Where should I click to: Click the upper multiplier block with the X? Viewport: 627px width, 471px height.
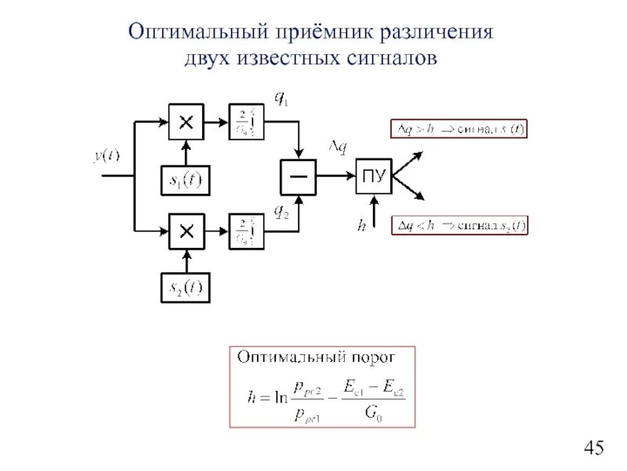click(x=187, y=122)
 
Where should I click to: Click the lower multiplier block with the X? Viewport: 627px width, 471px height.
click(x=187, y=231)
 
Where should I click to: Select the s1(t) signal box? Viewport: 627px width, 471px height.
click(x=186, y=181)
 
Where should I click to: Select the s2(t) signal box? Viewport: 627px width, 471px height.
click(x=186, y=289)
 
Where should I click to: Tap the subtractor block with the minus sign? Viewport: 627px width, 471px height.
click(x=299, y=177)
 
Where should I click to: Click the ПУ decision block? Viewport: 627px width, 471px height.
click(x=373, y=177)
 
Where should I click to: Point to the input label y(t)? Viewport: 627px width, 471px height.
click(x=107, y=156)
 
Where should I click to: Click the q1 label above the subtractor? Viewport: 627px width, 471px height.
click(x=280, y=98)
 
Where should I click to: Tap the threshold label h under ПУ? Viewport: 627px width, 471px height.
click(x=361, y=225)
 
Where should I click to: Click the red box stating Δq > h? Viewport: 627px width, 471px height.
click(x=459, y=129)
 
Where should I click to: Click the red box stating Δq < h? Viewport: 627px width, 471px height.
click(x=459, y=226)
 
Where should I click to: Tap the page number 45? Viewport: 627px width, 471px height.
click(x=594, y=448)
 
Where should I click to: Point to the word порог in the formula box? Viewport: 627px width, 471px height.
click(x=372, y=357)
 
